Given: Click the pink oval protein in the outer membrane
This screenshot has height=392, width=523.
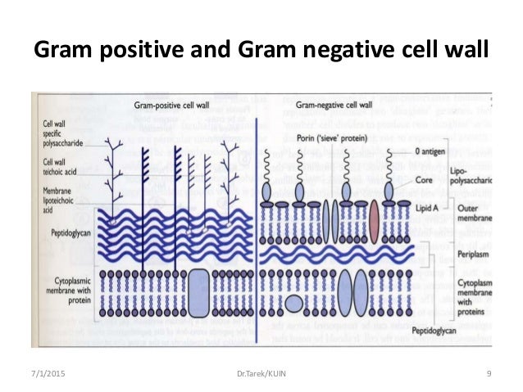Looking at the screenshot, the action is pos(373,221).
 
